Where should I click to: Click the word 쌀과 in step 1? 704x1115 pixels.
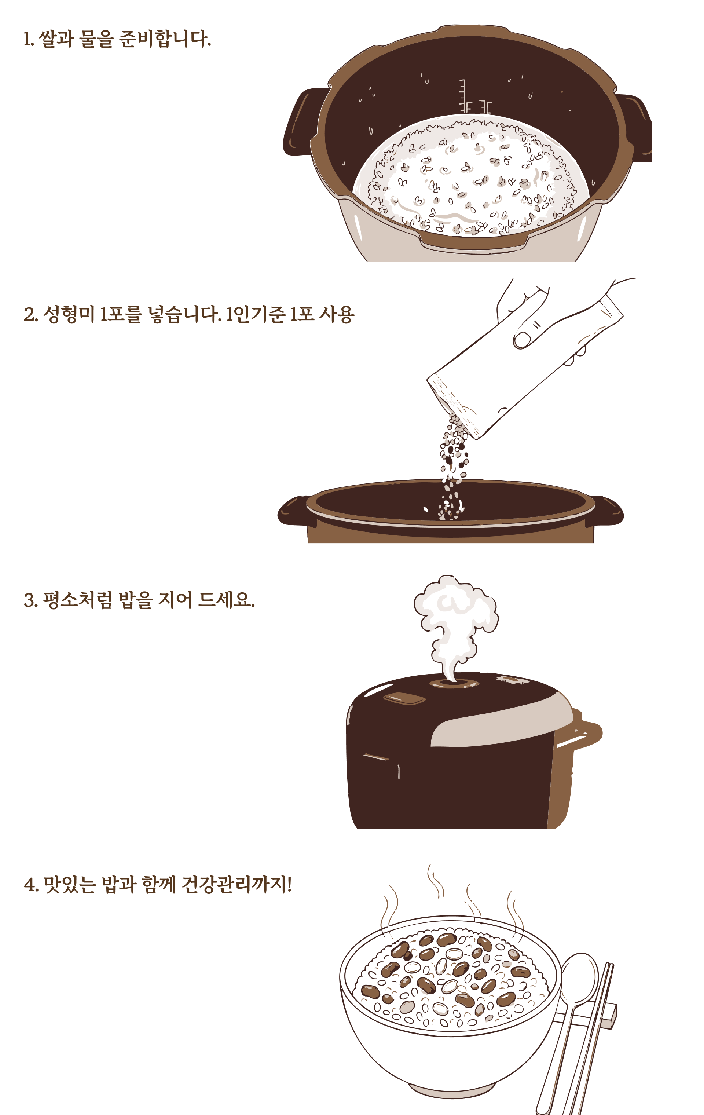tap(56, 39)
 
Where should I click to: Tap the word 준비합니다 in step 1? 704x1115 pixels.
tap(165, 39)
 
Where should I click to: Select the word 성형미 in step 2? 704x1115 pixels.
tap(69, 314)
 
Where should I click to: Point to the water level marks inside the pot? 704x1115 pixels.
tap(474, 97)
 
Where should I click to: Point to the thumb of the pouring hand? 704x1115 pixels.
tap(530, 334)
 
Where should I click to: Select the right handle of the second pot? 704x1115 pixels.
tap(606, 511)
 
